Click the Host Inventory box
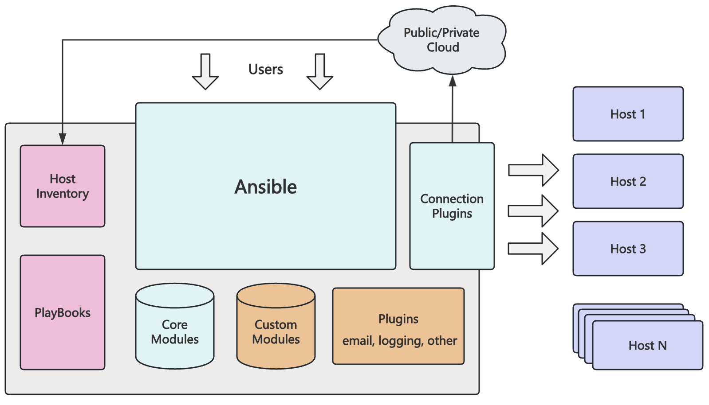[x=63, y=186]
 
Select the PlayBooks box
[x=63, y=312]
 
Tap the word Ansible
[x=265, y=187]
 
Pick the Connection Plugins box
[x=452, y=206]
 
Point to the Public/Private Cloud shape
[x=442, y=40]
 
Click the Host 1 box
[x=628, y=114]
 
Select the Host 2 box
[x=628, y=181]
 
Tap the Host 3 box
[x=628, y=249]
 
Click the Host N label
[x=647, y=346]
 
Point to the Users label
[x=265, y=70]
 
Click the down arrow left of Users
[x=205, y=72]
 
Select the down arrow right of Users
[x=319, y=72]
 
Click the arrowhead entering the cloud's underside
[x=452, y=81]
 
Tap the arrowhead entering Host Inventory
[x=63, y=139]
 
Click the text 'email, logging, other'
[x=399, y=341]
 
